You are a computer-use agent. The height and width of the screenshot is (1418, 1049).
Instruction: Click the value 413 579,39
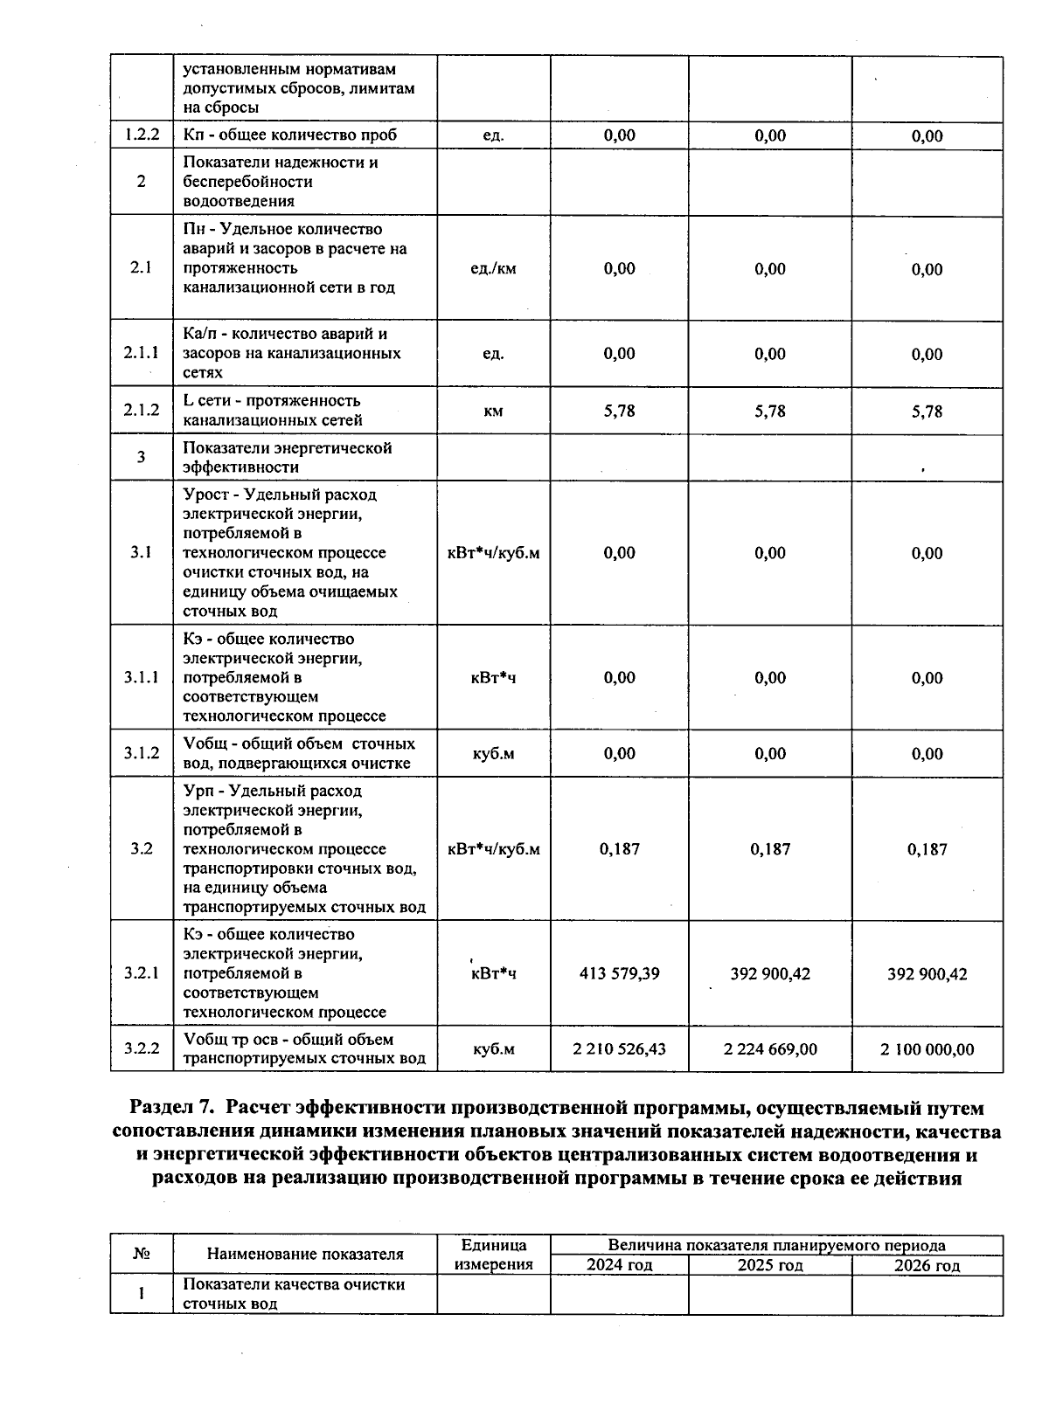point(619,973)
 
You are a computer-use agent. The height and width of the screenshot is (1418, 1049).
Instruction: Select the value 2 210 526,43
point(619,1048)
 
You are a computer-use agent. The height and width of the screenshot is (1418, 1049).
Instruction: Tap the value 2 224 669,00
point(770,1048)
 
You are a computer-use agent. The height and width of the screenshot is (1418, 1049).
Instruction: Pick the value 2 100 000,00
point(927,1048)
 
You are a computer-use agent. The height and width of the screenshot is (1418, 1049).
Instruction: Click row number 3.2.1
point(142,972)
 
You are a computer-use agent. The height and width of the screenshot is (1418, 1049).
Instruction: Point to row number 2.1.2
point(142,410)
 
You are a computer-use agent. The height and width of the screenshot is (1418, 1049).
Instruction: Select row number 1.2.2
point(142,135)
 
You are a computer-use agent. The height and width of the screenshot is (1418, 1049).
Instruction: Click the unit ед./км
point(493,268)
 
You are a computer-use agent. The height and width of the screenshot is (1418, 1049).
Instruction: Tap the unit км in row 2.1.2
point(493,411)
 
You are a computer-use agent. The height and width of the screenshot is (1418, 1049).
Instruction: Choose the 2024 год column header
point(619,1265)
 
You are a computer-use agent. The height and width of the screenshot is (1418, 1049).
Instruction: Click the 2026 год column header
point(927,1265)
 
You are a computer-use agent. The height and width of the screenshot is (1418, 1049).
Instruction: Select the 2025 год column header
point(770,1265)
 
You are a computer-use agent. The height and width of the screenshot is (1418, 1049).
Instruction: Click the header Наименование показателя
point(305,1255)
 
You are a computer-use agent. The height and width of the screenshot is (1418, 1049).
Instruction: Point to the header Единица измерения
point(493,1255)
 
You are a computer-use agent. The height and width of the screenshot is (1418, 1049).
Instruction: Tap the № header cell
point(142,1254)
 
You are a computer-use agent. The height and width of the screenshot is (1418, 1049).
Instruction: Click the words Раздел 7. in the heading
point(171,1108)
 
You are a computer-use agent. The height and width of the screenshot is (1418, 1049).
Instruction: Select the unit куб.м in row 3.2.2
point(493,1048)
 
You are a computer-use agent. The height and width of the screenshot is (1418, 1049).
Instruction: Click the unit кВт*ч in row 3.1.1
point(493,677)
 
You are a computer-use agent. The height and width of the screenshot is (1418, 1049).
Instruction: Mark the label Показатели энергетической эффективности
point(288,457)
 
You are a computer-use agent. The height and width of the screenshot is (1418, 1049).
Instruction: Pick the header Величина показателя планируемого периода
point(776,1245)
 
